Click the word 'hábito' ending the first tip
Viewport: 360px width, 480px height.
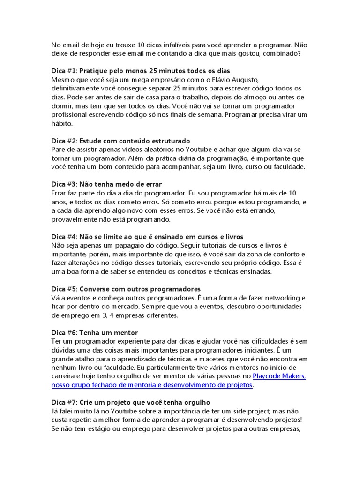coord(62,123)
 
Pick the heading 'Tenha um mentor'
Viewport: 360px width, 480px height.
coord(95,332)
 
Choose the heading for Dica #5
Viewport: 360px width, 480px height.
coord(126,289)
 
